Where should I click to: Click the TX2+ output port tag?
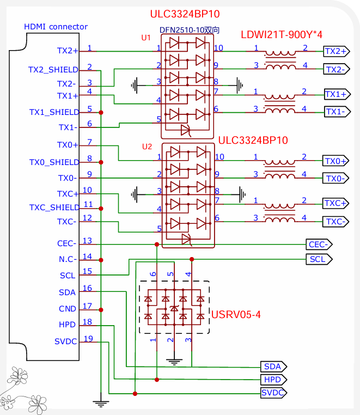(335, 51)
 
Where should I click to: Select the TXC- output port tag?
(335, 222)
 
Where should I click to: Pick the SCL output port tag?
(318, 259)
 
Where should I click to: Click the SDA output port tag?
(272, 366)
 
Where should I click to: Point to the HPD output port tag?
(272, 380)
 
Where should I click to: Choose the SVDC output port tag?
(273, 393)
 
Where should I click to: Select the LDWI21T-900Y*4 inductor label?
(282, 35)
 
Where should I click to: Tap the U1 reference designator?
(145, 38)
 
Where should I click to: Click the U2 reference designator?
(147, 147)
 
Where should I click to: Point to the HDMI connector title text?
(56, 27)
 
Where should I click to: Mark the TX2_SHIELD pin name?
(53, 70)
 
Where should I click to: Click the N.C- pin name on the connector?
(68, 259)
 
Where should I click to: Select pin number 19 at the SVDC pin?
(88, 339)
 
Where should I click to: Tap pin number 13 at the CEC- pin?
(87, 241)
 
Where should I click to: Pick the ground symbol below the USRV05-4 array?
(174, 360)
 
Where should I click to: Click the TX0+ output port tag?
(335, 161)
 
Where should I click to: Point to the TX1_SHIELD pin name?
(53, 112)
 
